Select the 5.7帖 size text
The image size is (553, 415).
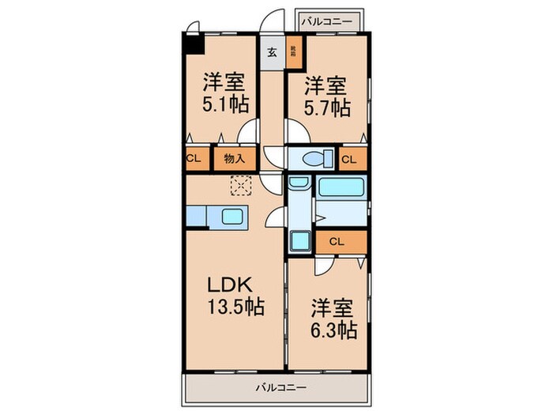coord(325,108)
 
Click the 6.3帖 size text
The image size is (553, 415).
coord(332,329)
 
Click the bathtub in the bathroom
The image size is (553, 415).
coord(340,188)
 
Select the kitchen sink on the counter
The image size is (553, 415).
coord(234,216)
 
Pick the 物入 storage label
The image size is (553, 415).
coord(235,158)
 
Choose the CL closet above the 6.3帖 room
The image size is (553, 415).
coord(335,242)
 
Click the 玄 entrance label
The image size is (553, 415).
coord(272,53)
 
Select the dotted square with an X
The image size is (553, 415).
coord(240,186)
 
